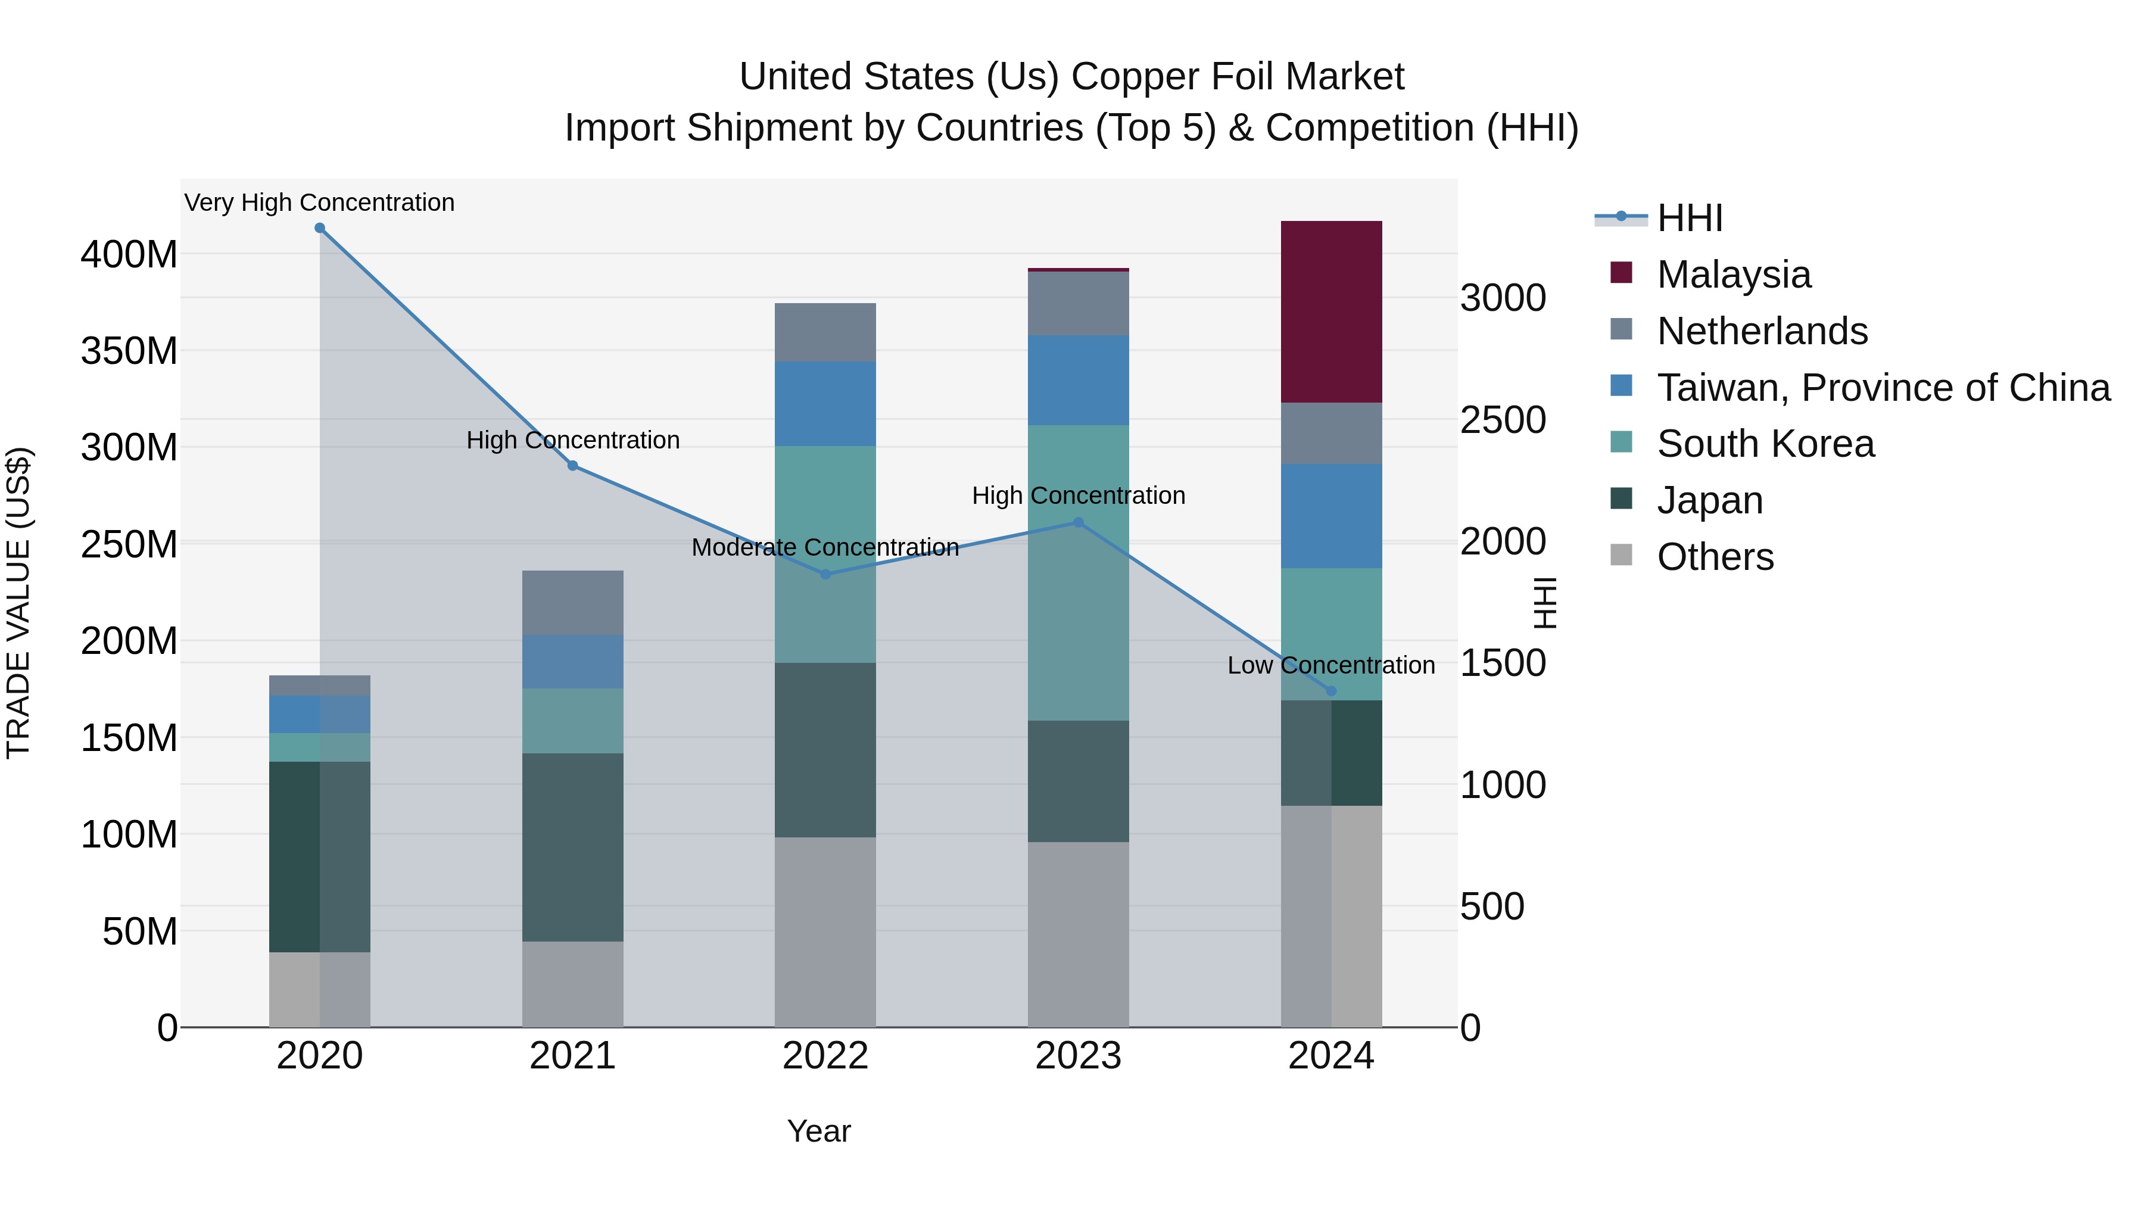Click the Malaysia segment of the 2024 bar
pyautogui.click(x=1331, y=312)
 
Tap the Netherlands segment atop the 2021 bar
pyautogui.click(x=572, y=603)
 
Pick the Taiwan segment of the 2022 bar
pyautogui.click(x=825, y=404)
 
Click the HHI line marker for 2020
pyautogui.click(x=320, y=228)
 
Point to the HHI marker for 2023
pyautogui.click(x=1078, y=523)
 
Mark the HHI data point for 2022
pyautogui.click(x=825, y=574)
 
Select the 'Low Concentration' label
pyautogui.click(x=1331, y=665)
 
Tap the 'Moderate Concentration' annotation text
pyautogui.click(x=825, y=547)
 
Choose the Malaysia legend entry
pyautogui.click(x=1733, y=275)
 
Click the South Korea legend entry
pyautogui.click(x=1765, y=444)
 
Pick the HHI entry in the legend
pyautogui.click(x=1689, y=218)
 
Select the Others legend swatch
pyautogui.click(x=1621, y=554)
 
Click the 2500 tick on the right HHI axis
pyautogui.click(x=1503, y=420)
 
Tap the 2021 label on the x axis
pyautogui.click(x=572, y=1056)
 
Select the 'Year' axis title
pyautogui.click(x=818, y=1131)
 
